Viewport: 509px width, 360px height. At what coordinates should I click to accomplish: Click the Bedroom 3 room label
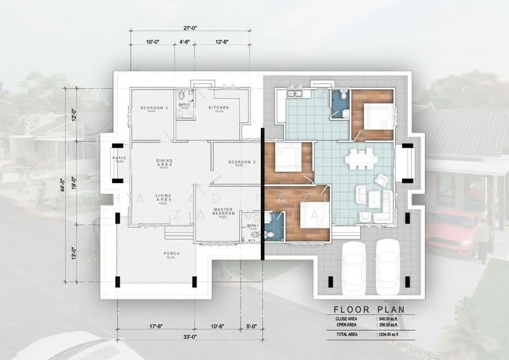153,108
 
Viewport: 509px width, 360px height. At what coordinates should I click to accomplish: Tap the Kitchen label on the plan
220,108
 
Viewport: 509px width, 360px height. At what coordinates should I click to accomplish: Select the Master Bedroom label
223,212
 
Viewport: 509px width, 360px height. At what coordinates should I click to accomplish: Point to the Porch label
171,254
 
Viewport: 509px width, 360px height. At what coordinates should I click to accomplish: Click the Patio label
118,159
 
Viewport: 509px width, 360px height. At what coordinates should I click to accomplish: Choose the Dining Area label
165,163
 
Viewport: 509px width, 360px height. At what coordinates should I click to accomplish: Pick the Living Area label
165,197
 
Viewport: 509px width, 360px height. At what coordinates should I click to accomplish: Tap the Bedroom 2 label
241,162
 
